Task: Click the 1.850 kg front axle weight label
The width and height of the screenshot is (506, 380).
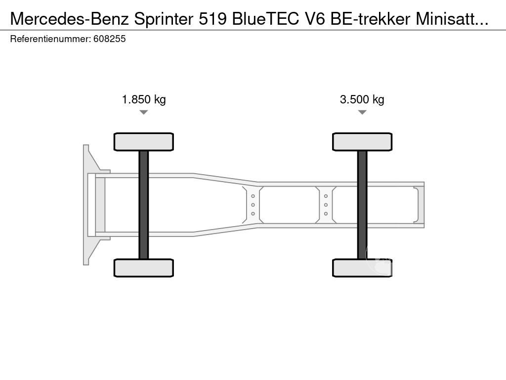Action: coord(144,99)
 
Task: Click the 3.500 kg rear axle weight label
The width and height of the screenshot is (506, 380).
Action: coord(362,99)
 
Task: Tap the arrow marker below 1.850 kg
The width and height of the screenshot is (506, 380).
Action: coord(143,112)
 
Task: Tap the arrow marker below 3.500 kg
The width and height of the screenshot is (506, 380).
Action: coord(362,112)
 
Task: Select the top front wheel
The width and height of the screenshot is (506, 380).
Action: coord(143,142)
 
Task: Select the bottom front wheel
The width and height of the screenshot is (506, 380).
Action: coord(143,268)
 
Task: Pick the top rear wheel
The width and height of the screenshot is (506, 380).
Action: coord(362,142)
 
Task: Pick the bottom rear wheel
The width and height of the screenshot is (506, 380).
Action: coord(362,268)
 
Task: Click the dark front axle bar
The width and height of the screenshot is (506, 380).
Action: coord(143,205)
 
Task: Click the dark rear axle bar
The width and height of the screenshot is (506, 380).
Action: coord(362,205)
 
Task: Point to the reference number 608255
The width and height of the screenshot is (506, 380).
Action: coord(109,39)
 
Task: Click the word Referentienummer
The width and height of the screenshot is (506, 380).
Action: coord(50,39)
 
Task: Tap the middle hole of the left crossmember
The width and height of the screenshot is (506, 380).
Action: coord(253,205)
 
